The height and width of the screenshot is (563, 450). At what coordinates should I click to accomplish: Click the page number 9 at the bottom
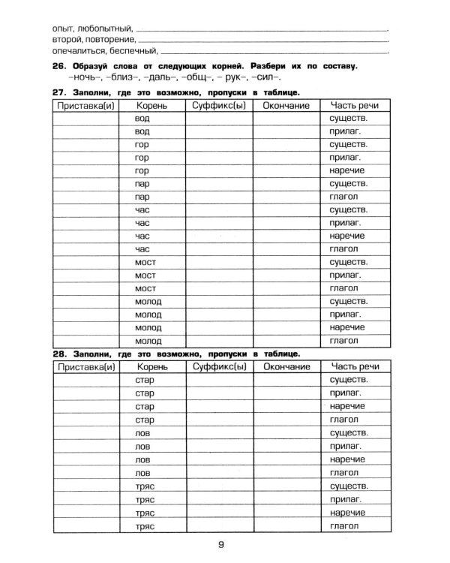(x=222, y=546)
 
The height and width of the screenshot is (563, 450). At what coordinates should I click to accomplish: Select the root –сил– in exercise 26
(x=266, y=78)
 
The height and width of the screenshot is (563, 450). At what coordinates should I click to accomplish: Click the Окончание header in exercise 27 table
(x=286, y=106)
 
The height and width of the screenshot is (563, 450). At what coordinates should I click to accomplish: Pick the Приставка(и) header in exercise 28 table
(x=85, y=366)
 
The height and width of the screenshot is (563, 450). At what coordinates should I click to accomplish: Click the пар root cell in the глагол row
(x=142, y=197)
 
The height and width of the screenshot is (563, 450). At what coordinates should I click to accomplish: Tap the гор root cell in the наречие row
(x=142, y=170)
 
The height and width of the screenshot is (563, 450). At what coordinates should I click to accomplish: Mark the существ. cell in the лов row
(x=348, y=432)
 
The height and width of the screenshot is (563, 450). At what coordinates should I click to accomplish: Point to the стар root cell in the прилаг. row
(x=142, y=393)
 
